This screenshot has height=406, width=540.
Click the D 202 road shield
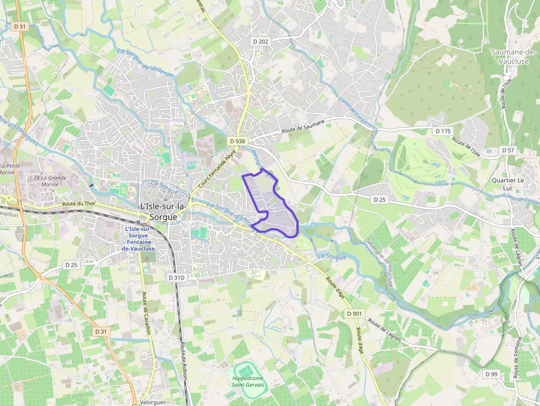coord(260,41)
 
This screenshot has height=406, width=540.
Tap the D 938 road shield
coord(237,141)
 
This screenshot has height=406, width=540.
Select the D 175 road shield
coord(442,131)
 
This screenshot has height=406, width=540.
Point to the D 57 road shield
coord(507,150)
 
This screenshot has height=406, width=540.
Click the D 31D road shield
coord(176,278)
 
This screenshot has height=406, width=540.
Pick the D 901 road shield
coord(355,313)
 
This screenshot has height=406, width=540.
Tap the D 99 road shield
coord(492,374)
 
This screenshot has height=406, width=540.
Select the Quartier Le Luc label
coord(508,184)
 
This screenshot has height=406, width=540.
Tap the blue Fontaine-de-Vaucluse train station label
coord(138,239)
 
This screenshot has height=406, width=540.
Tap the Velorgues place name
coord(153,402)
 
